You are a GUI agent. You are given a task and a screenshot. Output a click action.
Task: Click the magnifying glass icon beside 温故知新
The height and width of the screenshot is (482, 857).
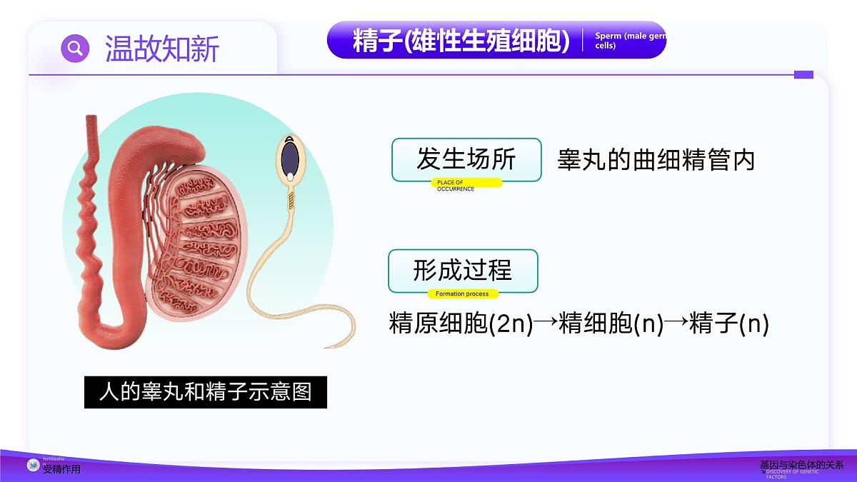[x=75, y=48]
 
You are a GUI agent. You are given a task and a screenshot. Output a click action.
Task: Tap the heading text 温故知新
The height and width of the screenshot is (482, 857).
[x=162, y=49]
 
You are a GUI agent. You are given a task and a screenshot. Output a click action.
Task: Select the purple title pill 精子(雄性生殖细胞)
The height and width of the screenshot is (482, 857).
[x=461, y=41]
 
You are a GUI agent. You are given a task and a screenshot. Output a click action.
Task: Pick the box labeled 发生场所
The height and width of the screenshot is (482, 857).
[x=466, y=159]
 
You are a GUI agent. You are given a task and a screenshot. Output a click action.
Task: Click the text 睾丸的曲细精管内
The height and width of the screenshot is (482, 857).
[x=656, y=160]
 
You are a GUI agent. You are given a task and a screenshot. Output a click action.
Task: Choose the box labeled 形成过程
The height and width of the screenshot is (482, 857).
[x=462, y=271]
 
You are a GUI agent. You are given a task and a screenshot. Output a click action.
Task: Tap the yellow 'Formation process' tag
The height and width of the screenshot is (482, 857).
[x=463, y=293]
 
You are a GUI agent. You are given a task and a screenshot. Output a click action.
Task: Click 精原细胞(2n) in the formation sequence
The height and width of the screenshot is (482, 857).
[x=461, y=323]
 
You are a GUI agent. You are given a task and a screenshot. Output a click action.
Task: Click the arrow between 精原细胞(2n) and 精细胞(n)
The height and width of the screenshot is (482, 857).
[x=546, y=323]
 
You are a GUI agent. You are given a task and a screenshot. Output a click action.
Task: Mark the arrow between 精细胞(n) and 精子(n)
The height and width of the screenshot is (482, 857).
[x=676, y=323]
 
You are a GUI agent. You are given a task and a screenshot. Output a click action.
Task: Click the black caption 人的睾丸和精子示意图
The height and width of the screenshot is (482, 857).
[x=206, y=392]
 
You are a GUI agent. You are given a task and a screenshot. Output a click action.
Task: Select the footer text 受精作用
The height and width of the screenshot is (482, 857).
[x=61, y=469]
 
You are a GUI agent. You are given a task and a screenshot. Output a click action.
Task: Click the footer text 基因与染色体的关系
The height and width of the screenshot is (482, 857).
[x=801, y=464]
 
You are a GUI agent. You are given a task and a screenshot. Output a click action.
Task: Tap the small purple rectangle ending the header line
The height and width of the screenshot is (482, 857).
[x=803, y=74]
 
